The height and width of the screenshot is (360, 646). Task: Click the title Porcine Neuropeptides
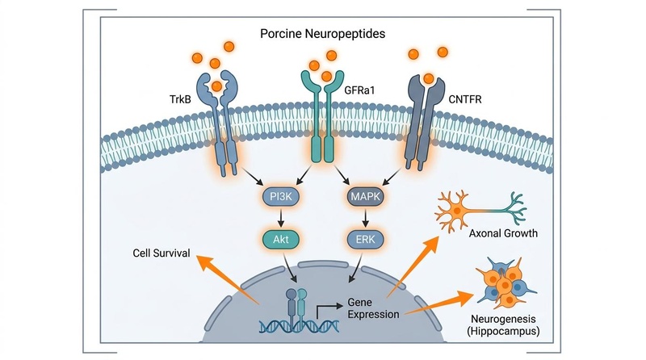[x=322, y=33]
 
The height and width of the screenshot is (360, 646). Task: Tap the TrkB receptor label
[x=180, y=99]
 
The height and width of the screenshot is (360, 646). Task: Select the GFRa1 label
[x=359, y=90]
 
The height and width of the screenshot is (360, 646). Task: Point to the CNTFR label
[x=465, y=99]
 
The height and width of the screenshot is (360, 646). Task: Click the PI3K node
[x=281, y=197]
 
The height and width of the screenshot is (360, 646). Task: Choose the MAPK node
[x=365, y=197]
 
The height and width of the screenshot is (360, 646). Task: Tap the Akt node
[x=281, y=239]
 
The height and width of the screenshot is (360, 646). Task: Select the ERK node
[x=365, y=239]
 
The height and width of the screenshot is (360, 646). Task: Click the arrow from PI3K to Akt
[x=281, y=218]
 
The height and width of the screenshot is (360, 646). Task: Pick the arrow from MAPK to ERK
[x=365, y=218]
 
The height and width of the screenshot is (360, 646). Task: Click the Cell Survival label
[x=161, y=253]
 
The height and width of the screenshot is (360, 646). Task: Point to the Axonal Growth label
[x=503, y=233]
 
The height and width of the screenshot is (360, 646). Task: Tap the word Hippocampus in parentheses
[x=503, y=331]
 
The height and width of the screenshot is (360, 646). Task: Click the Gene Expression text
[x=373, y=308]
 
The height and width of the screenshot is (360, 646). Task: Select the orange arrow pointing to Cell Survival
[x=228, y=279]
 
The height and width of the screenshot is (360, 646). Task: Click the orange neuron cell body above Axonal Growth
[x=457, y=211]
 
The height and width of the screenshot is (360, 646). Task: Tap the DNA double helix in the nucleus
[x=300, y=326]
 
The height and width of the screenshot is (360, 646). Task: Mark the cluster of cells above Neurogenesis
[x=505, y=283]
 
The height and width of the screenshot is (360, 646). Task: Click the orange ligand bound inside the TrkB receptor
[x=216, y=86]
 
